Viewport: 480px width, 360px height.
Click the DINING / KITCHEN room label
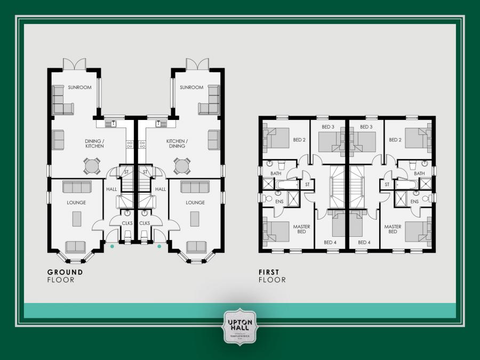94,143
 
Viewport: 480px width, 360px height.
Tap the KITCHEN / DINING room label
177,143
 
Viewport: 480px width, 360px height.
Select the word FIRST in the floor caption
269,272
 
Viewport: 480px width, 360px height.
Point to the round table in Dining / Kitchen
93,166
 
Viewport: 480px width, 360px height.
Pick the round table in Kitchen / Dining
182,166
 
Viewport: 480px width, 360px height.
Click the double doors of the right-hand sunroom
197,64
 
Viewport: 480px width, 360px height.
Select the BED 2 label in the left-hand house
299,140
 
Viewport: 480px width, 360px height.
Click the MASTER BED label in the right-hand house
393,229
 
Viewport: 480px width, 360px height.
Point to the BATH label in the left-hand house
276,173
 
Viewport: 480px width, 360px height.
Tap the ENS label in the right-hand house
414,201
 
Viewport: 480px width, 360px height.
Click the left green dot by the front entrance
112,246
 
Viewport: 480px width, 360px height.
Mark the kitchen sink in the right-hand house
158,124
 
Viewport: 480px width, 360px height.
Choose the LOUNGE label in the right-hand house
195,203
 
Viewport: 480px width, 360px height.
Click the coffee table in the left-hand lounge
77,219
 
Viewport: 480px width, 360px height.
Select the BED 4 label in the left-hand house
331,243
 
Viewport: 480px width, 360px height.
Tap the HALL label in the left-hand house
111,189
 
